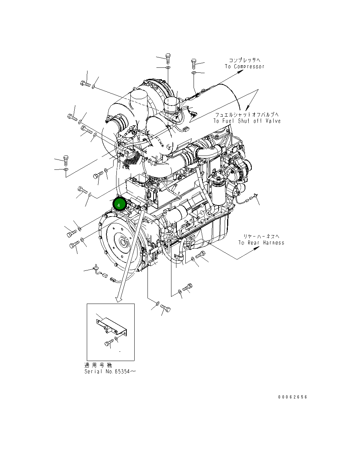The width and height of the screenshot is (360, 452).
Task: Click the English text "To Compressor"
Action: (245, 67)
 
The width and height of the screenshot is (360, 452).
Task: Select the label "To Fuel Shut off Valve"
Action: (247, 121)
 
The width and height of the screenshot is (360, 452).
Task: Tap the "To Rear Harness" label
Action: (261, 243)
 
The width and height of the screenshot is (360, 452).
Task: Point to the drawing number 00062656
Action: (292, 397)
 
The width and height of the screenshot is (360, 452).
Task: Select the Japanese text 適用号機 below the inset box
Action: (98, 365)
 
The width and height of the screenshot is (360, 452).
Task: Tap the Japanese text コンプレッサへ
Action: (245, 60)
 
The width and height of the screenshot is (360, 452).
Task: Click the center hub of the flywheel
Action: (124, 243)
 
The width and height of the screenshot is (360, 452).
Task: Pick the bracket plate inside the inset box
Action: (111, 326)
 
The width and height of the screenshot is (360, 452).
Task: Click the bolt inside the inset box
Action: (109, 343)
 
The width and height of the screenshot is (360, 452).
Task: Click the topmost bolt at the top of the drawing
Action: (168, 56)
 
